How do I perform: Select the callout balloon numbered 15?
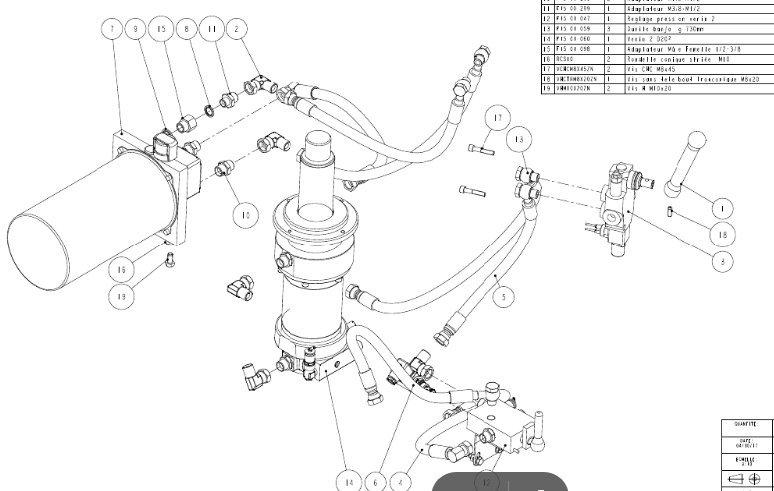(162, 29)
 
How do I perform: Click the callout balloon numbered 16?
(121, 270)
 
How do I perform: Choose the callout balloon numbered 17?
(497, 120)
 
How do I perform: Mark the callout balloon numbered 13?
(518, 140)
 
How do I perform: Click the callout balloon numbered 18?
(723, 234)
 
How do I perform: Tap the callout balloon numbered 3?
(723, 261)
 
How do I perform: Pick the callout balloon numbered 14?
(348, 481)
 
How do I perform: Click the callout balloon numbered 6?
(375, 481)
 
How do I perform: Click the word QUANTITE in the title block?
(746, 424)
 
